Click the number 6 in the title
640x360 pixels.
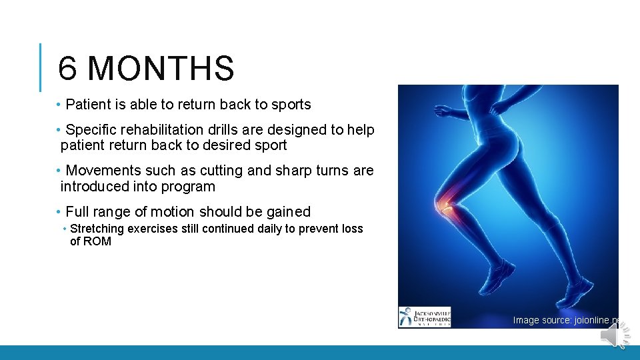pyautogui.click(x=67, y=69)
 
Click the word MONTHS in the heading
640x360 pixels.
pyautogui.click(x=161, y=69)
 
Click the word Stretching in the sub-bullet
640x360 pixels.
pyautogui.click(x=97, y=229)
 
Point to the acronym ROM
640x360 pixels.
pyautogui.click(x=97, y=241)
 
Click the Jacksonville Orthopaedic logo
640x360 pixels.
pyautogui.click(x=425, y=317)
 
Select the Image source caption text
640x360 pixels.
pyautogui.click(x=567, y=321)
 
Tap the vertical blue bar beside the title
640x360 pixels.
pyautogui.click(x=41, y=67)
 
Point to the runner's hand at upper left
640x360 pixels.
pyautogui.click(x=441, y=109)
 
